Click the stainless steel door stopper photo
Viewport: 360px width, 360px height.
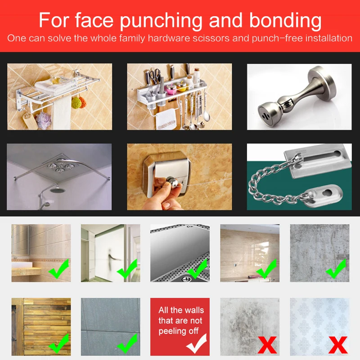(x=299, y=97)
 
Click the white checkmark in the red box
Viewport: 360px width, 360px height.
(x=197, y=344)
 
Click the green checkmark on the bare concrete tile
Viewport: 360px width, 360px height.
(x=336, y=270)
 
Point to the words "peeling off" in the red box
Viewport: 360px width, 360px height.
(x=179, y=332)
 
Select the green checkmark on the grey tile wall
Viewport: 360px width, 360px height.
(x=127, y=345)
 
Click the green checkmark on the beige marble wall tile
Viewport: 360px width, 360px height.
(x=267, y=270)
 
